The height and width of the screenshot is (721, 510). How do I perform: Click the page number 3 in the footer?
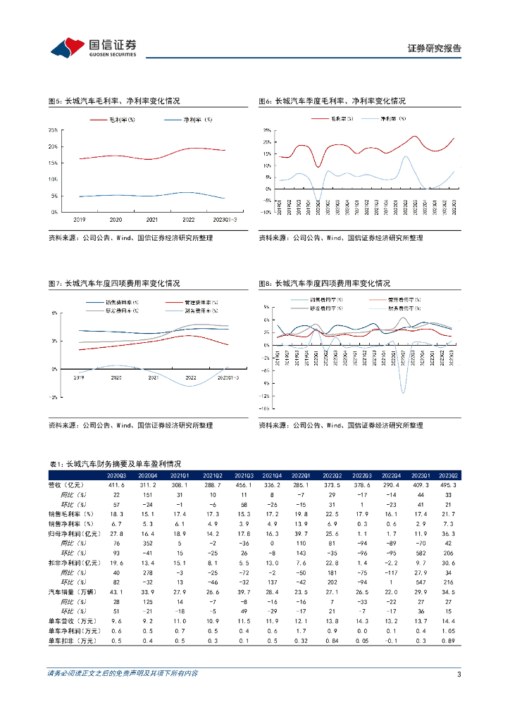[x=459, y=675]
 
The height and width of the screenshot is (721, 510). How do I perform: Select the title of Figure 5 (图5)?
[x=113, y=101]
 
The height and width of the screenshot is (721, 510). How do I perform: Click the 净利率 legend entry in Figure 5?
[x=197, y=120]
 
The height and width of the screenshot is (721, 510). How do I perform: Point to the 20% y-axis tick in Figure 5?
[x=54, y=146]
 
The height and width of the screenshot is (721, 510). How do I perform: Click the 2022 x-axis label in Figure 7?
[x=190, y=378]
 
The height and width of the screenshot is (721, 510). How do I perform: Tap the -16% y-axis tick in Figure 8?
[x=266, y=408]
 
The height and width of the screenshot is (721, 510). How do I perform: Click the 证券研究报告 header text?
[x=435, y=49]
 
